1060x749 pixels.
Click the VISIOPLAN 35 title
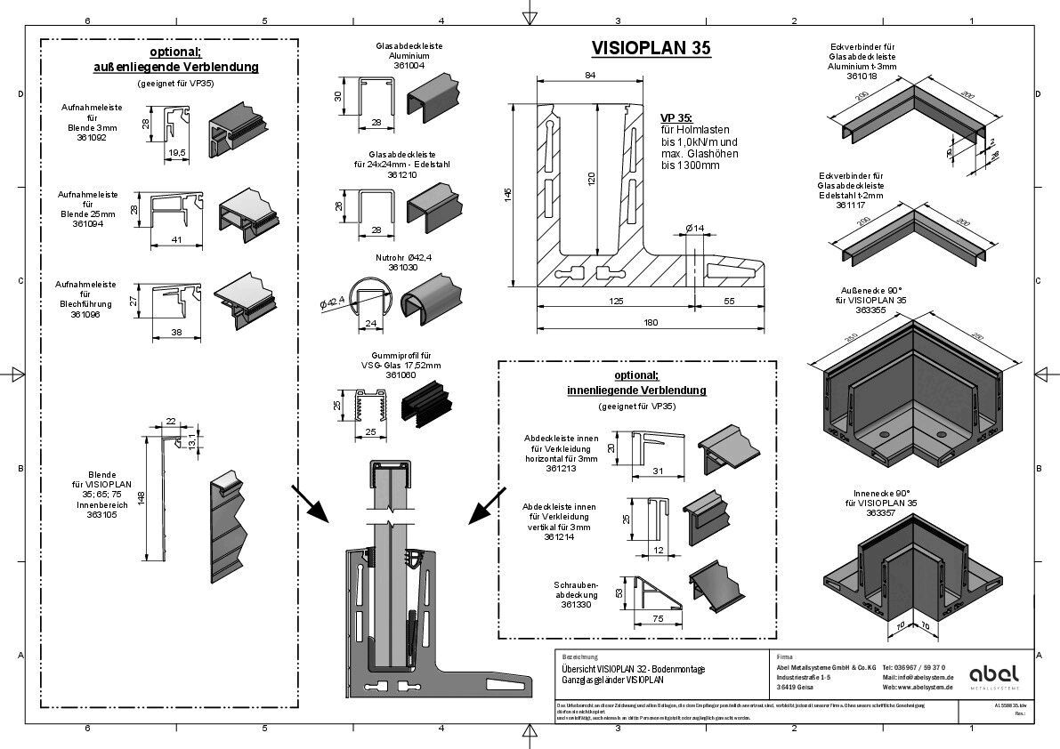tap(651, 50)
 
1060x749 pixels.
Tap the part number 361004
tap(409, 65)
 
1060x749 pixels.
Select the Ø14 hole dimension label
tap(694, 229)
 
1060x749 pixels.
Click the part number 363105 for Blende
tap(103, 515)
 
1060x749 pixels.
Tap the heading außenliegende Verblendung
tap(176, 67)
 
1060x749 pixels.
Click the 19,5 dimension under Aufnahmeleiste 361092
tap(176, 153)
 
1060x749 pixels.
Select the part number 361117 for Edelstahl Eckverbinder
tap(853, 205)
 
